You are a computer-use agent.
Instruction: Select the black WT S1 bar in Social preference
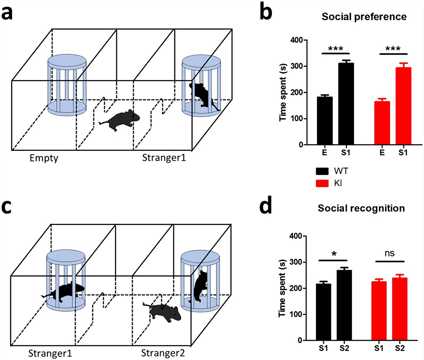coord(345,104)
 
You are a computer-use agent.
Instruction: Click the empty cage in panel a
coord(67,84)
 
